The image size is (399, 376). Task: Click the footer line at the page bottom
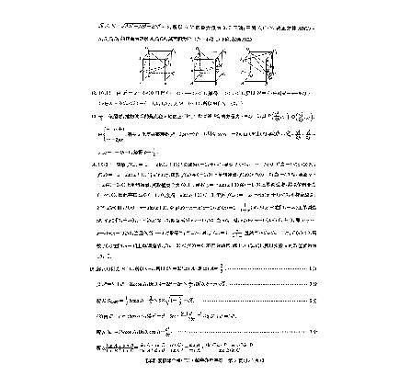tap(199, 365)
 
